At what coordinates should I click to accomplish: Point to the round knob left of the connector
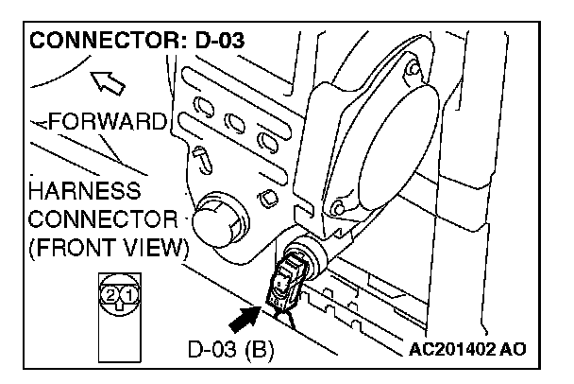coord(216,222)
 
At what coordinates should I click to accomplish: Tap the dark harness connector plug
coord(285,279)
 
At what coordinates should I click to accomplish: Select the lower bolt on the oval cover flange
coord(337,205)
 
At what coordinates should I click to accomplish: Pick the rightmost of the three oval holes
coord(268,143)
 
